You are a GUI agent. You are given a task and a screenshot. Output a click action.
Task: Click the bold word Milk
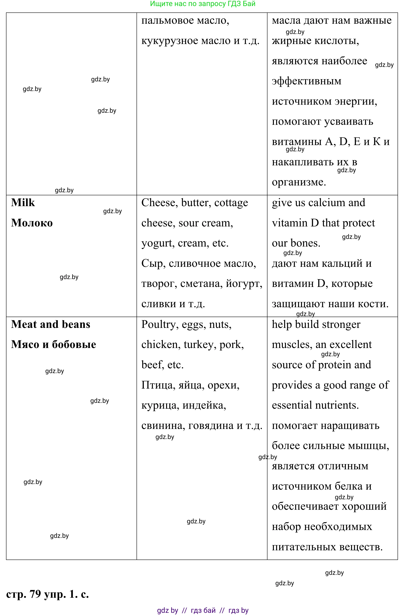(23, 203)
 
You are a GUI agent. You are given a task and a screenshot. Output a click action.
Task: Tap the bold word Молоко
(32, 223)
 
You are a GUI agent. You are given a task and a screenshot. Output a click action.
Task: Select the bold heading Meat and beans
(50, 324)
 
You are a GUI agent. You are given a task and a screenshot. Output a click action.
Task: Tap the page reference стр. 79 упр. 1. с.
(47, 594)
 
